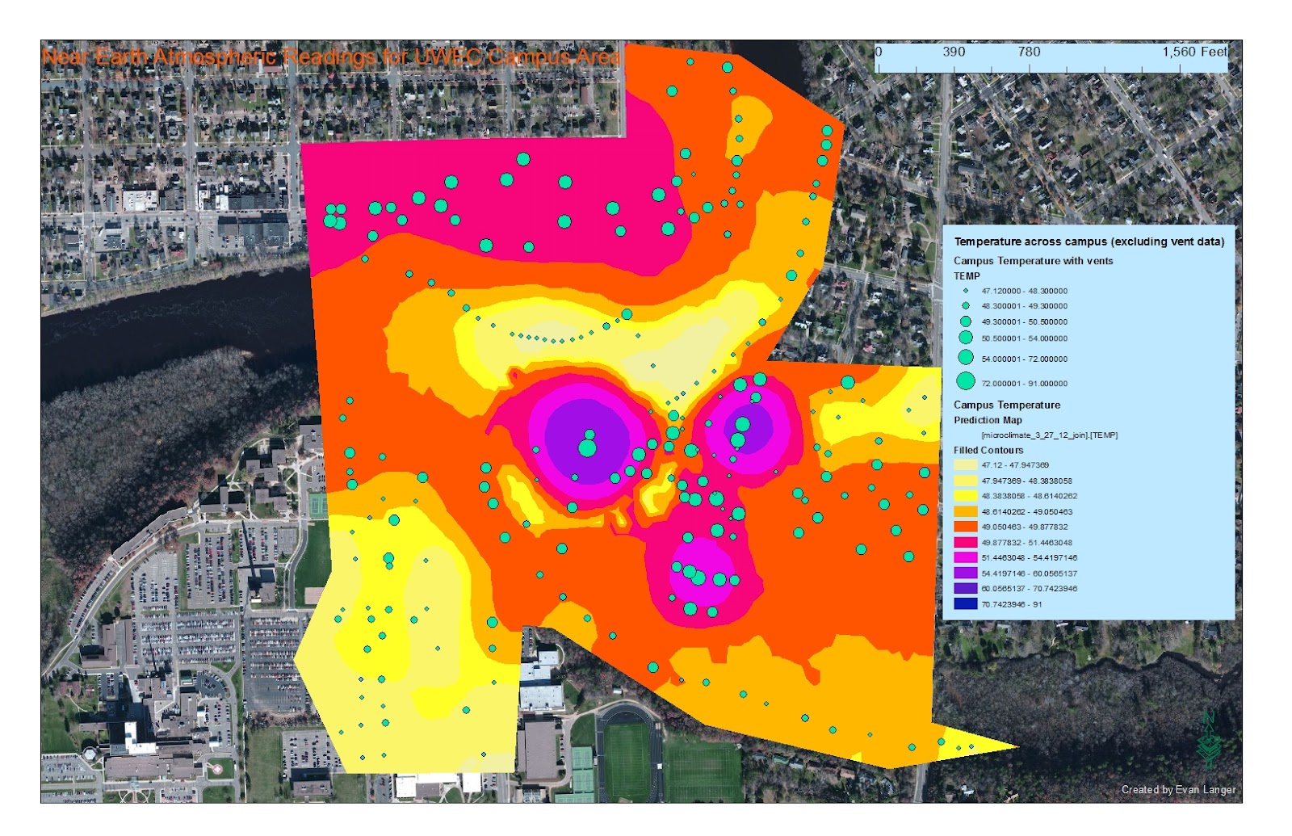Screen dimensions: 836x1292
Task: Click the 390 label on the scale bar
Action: coord(954,52)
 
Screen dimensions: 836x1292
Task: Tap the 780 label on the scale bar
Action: coord(1029,52)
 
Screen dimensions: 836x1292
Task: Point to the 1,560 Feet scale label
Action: coord(1194,52)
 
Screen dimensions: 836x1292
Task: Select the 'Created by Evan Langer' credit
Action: coord(1178,789)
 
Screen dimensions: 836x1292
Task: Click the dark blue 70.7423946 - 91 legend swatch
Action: coord(966,604)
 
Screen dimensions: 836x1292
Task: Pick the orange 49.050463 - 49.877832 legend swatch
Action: coord(966,527)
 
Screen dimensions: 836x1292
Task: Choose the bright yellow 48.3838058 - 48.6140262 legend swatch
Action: coord(966,496)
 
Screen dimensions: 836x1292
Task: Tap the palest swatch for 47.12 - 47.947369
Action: coord(966,465)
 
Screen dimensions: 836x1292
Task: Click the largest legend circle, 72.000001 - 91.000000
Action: coord(966,381)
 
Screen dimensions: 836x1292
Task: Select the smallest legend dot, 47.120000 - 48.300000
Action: coord(966,291)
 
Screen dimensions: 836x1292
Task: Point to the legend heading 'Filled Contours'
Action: coord(988,450)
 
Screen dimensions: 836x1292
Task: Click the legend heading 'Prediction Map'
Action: coord(988,420)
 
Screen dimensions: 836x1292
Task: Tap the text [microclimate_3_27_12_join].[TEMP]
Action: coord(1050,435)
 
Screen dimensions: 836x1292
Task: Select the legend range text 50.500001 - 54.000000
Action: coord(1025,338)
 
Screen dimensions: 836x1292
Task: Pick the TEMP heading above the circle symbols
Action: coord(967,275)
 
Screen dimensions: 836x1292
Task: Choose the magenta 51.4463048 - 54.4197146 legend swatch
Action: coord(966,557)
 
